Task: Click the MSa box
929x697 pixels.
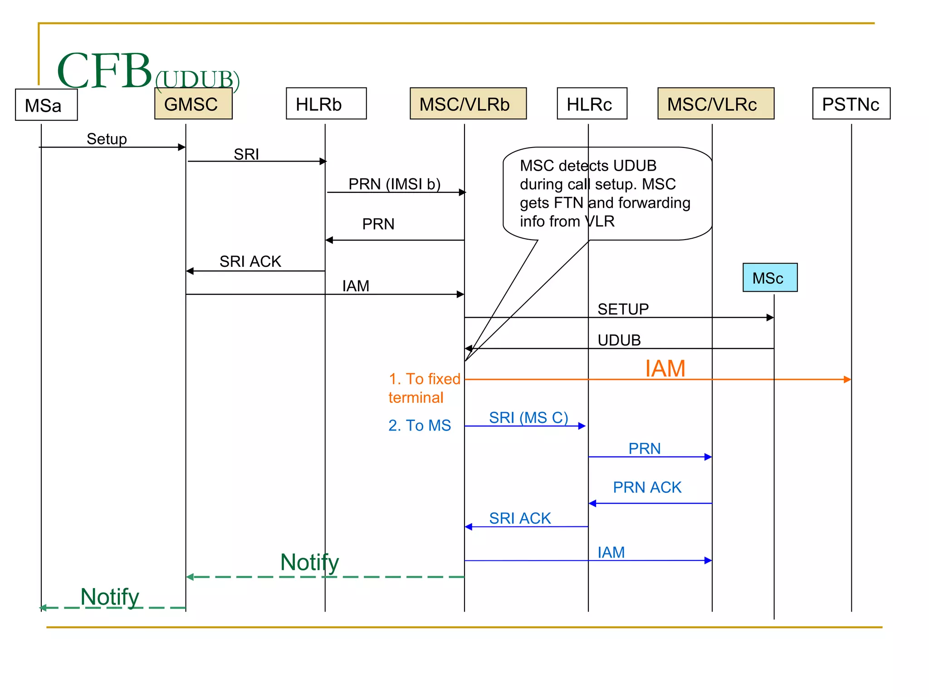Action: [x=46, y=105]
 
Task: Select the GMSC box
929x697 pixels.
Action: [x=193, y=104]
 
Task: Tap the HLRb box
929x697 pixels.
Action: [x=326, y=104]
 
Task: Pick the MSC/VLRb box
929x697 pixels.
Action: [x=468, y=104]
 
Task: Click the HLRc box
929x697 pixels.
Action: [x=592, y=104]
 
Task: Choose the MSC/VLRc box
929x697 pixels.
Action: [x=715, y=104]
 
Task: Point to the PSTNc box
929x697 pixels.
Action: [x=851, y=104]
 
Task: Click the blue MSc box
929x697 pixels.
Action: [x=769, y=278]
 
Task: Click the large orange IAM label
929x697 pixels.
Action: [x=665, y=368]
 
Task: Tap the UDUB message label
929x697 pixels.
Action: [x=619, y=340]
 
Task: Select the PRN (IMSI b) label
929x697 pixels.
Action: [x=394, y=184]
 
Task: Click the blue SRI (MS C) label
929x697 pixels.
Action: [x=528, y=417]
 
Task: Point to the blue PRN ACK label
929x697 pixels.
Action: [x=647, y=487]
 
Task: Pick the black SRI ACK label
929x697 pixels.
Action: [x=250, y=261]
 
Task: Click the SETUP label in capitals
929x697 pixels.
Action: [x=623, y=309]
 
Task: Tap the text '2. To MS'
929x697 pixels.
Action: [x=420, y=426]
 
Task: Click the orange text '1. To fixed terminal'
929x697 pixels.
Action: [x=424, y=388]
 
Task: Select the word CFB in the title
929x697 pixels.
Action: [x=104, y=71]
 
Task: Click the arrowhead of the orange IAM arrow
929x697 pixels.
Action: [x=847, y=379]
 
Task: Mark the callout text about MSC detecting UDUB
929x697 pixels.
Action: [x=604, y=193]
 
